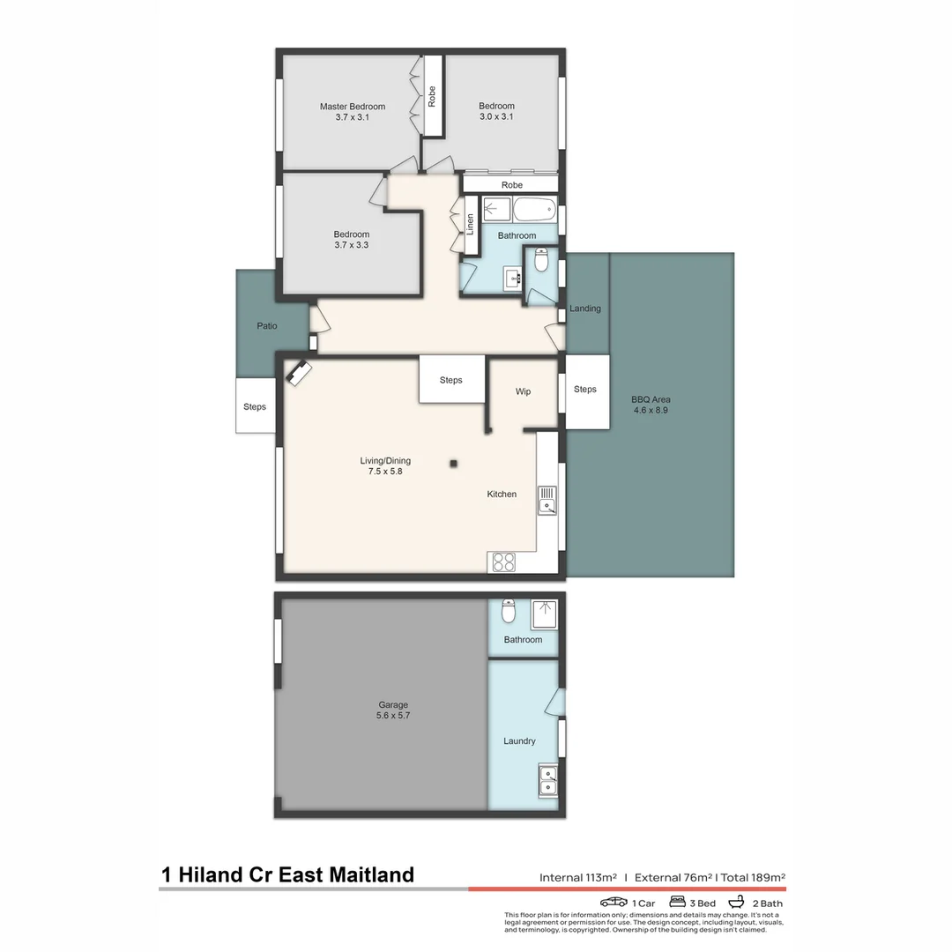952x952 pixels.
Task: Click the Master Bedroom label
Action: pos(352,107)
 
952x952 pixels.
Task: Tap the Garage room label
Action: pos(392,705)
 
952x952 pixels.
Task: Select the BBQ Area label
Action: pos(651,399)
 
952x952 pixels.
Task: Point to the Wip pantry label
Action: pos(523,391)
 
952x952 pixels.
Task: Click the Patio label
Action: pos(266,326)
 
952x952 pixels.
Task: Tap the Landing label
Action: pos(585,309)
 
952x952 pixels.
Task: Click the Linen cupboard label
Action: pos(470,225)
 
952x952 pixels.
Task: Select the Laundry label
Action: pos(519,741)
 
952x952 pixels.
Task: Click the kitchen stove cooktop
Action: pos(503,562)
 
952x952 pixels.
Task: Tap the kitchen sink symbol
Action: pos(547,500)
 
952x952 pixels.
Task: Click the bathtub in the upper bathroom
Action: pos(534,210)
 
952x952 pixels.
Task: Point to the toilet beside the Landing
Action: pos(542,261)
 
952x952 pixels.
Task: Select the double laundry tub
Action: pos(547,780)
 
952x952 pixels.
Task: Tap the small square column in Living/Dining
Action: pos(454,464)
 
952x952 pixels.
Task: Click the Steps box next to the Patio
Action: pos(255,406)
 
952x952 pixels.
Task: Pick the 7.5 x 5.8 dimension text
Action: pos(385,472)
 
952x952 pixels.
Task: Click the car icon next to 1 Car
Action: pos(614,903)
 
